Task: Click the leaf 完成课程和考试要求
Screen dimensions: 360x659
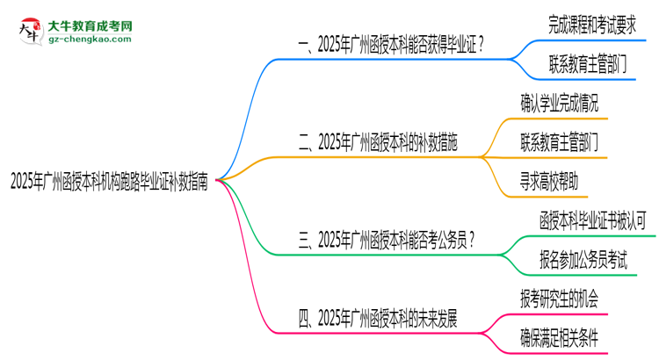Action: click(587, 22)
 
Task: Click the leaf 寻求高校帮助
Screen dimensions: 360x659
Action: click(549, 182)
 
